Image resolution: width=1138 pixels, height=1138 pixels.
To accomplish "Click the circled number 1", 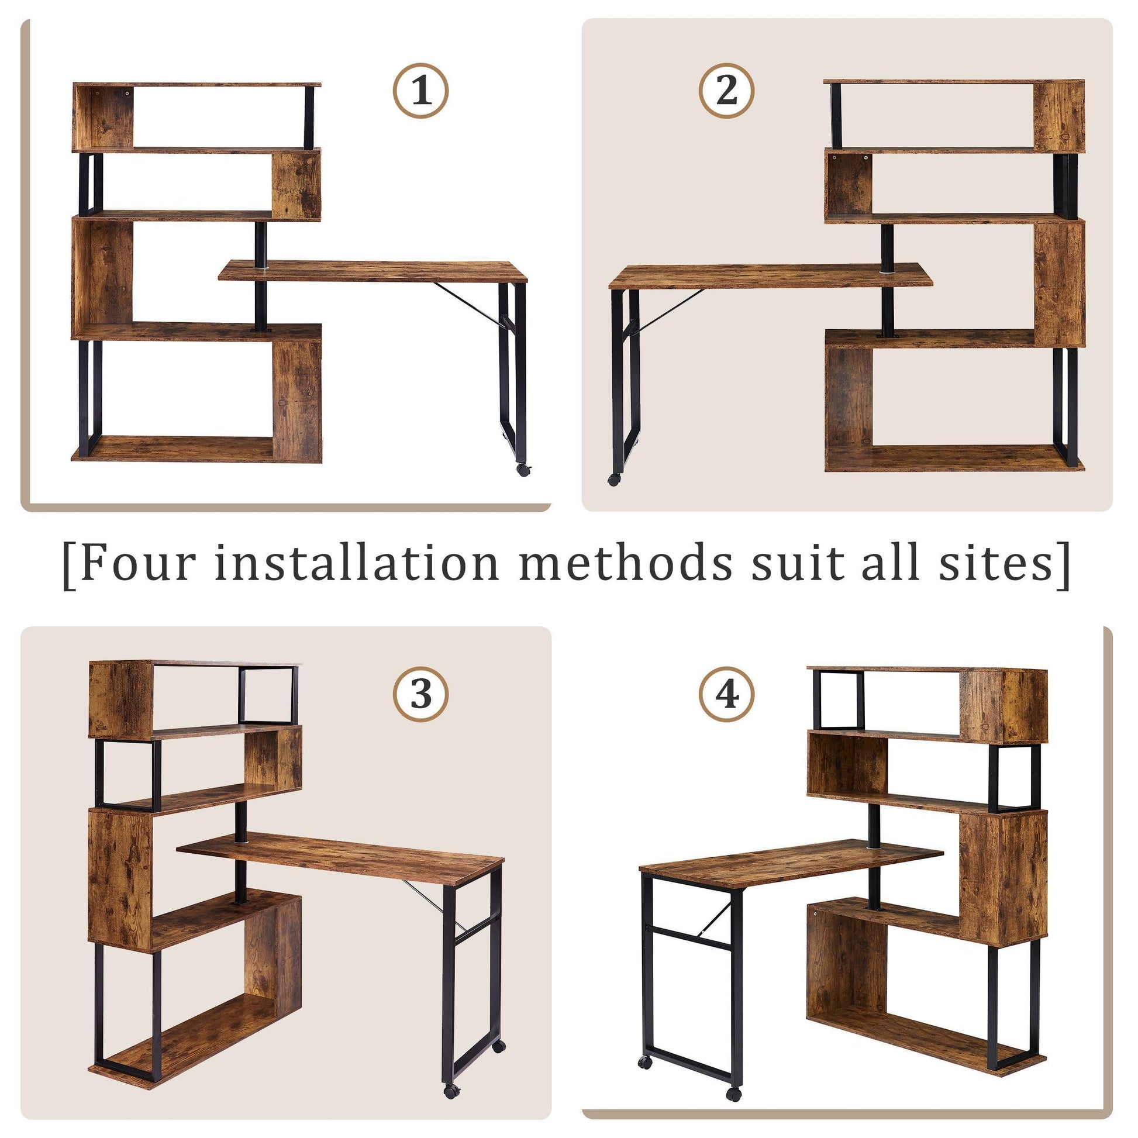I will tap(420, 91).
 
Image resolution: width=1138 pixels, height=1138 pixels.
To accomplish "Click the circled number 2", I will tap(726, 91).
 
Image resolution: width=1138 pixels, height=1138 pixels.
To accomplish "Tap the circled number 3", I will tap(420, 694).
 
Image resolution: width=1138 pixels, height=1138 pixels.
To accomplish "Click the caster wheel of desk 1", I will tap(522, 470).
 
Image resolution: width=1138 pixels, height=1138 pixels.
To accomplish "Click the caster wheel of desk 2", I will tap(614, 480).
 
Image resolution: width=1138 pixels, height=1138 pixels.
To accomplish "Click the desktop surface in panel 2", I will tap(765, 276).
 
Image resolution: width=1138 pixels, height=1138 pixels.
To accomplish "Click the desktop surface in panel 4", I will tap(784, 864).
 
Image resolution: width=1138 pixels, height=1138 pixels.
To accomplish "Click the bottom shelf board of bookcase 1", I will tap(177, 450).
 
